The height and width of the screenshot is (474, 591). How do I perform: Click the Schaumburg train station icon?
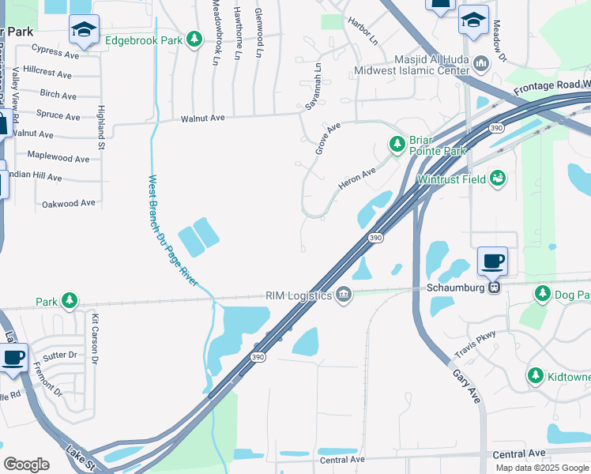coord(495,288)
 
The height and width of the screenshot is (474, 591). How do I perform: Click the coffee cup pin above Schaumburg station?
coord(494,260)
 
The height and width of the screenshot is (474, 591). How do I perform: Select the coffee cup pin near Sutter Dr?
coord(13,357)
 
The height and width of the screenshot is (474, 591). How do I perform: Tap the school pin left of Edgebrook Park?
coord(83,30)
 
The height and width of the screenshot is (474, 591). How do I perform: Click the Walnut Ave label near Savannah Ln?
coord(203,118)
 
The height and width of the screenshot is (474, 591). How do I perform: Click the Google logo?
coord(26,464)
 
